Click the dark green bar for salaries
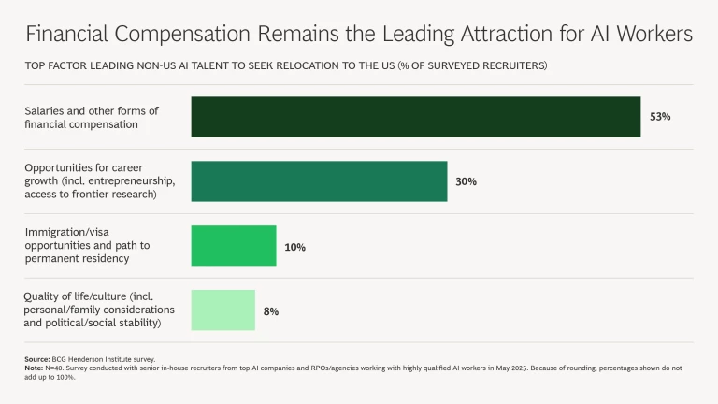pyautogui.click(x=415, y=117)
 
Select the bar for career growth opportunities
pyautogui.click(x=319, y=181)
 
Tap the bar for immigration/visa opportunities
pyautogui.click(x=234, y=246)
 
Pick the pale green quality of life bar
pyautogui.click(x=223, y=310)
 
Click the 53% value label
pyautogui.click(x=660, y=117)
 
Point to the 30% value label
pyautogui.click(x=466, y=181)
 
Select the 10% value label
pyautogui.click(x=294, y=247)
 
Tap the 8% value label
pyautogui.click(x=271, y=310)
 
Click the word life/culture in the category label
pyautogui.click(x=89, y=297)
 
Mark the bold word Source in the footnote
pyautogui.click(x=38, y=359)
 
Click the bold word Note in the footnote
pyautogui.click(x=35, y=368)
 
